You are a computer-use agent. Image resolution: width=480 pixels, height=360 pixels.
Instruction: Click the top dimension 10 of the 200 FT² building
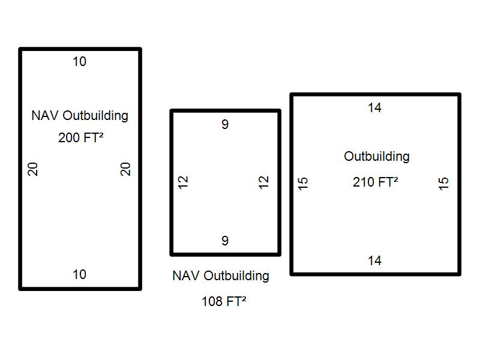79,61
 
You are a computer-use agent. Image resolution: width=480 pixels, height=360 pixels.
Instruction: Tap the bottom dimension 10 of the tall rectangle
79,274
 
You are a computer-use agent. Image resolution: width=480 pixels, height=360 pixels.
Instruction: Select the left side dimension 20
34,169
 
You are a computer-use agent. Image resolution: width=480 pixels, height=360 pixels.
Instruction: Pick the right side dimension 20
125,169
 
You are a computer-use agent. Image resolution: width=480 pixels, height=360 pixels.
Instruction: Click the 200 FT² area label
80,137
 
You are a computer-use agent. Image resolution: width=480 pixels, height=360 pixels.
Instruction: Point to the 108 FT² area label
224,301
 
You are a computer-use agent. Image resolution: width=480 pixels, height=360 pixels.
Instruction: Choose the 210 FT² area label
376,181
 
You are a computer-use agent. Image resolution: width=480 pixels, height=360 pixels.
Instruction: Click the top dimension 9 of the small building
225,125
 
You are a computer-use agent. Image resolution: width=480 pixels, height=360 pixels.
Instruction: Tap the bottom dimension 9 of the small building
225,241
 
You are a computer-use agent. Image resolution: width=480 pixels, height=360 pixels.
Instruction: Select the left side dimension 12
184,182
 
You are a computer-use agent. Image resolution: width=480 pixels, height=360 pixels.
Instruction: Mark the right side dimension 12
264,182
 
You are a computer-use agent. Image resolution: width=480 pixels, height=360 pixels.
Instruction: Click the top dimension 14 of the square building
375,108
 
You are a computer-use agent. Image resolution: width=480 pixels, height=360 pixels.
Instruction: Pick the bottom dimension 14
375,261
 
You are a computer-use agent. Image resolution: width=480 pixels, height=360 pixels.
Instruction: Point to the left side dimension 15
304,183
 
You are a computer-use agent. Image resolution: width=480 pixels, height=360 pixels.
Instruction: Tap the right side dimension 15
444,183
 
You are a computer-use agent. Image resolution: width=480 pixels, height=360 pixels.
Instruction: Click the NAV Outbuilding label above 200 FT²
80,115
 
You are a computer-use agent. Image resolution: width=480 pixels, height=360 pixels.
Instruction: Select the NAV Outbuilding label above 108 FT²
221,276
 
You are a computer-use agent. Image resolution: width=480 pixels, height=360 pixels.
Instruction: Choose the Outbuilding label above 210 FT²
377,157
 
